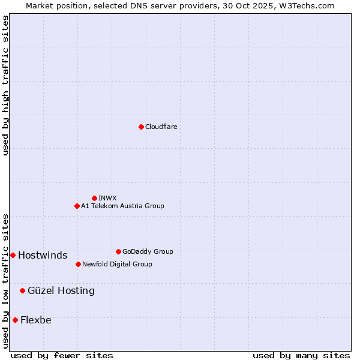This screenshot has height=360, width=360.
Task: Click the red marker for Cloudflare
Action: [x=141, y=127]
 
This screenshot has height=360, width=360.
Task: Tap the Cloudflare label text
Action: [x=161, y=127]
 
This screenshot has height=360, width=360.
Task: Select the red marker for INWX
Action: [x=94, y=198]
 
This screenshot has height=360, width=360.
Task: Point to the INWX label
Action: [x=107, y=198]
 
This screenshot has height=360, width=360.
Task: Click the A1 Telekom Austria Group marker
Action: [x=77, y=206]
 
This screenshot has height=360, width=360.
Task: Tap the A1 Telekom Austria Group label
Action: [x=122, y=206]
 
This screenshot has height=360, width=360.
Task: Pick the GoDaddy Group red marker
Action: [x=118, y=251]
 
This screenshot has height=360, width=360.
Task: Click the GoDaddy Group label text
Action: [x=148, y=251]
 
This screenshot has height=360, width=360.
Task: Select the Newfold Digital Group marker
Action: [x=78, y=264]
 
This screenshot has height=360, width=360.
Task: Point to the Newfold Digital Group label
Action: [x=117, y=264]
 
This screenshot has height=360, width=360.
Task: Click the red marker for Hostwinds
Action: [x=13, y=255]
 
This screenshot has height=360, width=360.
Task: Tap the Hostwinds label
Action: [x=43, y=256]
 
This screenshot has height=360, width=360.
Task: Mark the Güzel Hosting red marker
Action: [x=22, y=290]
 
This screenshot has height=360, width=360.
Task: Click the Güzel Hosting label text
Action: [x=61, y=291]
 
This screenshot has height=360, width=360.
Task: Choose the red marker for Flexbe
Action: [x=15, y=320]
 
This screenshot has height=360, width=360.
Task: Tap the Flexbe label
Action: [x=35, y=320]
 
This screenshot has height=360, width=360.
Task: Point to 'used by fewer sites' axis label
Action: [x=62, y=355]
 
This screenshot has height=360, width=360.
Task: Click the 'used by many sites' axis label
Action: [x=301, y=355]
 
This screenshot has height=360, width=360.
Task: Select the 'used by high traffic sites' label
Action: [x=5, y=85]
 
